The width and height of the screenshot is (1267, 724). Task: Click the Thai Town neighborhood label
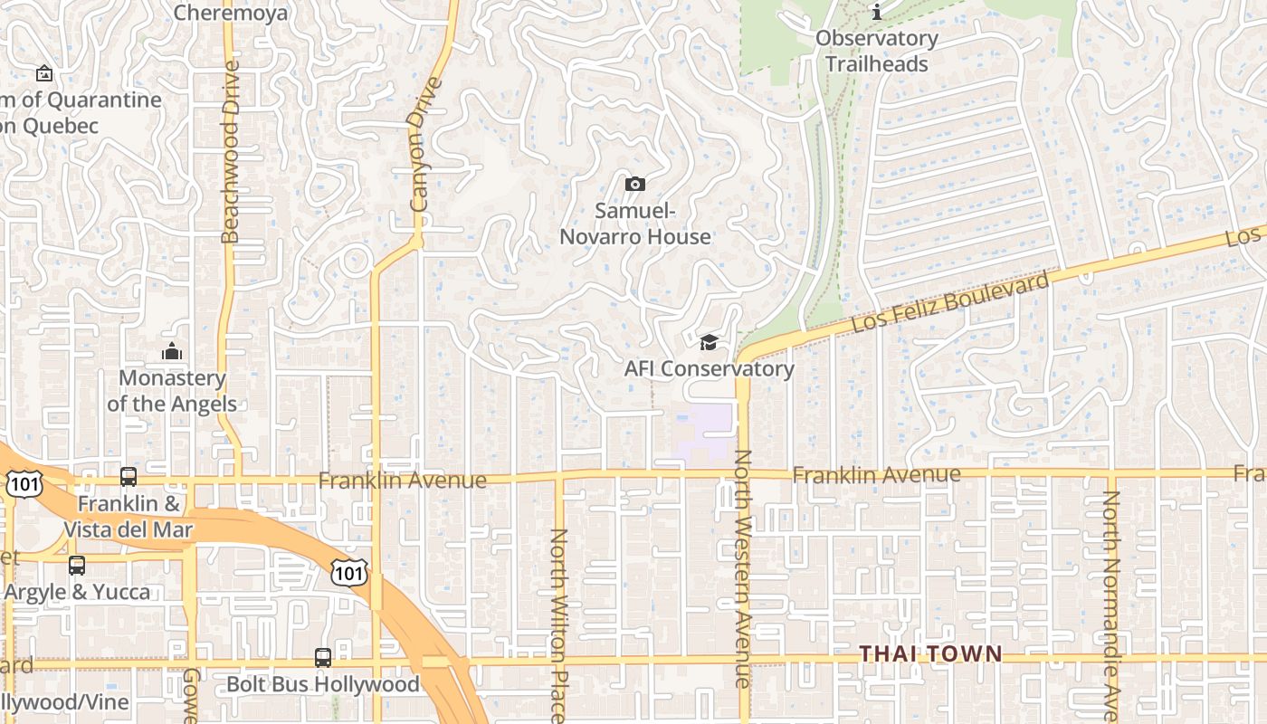click(929, 653)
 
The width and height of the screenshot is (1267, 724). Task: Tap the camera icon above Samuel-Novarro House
click(635, 185)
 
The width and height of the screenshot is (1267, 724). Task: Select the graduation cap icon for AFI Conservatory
click(709, 342)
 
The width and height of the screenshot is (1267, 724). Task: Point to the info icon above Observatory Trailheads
click(876, 13)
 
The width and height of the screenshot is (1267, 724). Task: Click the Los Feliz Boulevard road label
click(950, 301)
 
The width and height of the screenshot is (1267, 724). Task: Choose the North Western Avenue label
click(743, 568)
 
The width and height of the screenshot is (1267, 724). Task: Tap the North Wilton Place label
click(558, 624)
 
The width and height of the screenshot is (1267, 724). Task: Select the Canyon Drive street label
click(424, 145)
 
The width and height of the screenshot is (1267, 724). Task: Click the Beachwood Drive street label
click(230, 151)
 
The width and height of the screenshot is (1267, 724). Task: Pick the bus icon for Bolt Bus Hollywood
click(323, 658)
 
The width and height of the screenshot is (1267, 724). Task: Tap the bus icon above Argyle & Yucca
click(77, 566)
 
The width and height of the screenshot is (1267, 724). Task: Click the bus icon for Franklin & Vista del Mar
click(129, 477)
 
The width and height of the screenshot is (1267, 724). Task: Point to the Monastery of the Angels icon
click(172, 351)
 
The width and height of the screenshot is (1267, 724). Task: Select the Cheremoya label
click(230, 13)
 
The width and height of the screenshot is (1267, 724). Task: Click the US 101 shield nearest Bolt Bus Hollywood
click(348, 572)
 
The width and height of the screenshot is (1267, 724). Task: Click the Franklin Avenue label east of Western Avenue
click(876, 474)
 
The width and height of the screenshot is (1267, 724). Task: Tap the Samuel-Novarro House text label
click(635, 224)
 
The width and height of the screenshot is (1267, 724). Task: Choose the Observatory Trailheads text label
click(876, 51)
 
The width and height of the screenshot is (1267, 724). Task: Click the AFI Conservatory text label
click(709, 368)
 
